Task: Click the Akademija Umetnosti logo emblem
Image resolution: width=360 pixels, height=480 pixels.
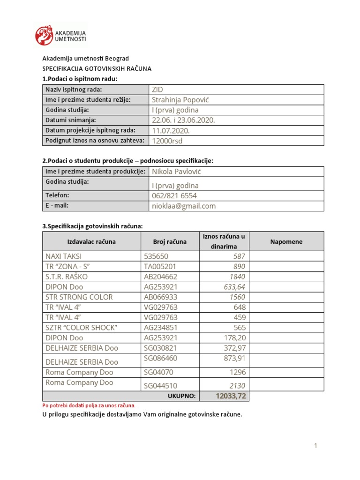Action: tap(45, 36)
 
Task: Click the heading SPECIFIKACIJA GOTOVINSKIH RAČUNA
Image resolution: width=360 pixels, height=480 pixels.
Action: tap(97, 68)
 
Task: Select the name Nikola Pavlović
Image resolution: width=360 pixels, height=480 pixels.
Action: tap(176, 172)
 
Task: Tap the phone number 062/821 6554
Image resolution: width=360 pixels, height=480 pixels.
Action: tap(174, 195)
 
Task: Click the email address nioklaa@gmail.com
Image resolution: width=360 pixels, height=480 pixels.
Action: tap(184, 206)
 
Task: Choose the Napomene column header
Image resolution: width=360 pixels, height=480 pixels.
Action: tap(286, 242)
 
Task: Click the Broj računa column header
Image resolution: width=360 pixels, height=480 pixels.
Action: tap(170, 242)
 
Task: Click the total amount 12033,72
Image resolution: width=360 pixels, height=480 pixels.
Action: tap(231, 397)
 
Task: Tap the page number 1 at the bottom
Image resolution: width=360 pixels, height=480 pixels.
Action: tap(316, 446)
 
